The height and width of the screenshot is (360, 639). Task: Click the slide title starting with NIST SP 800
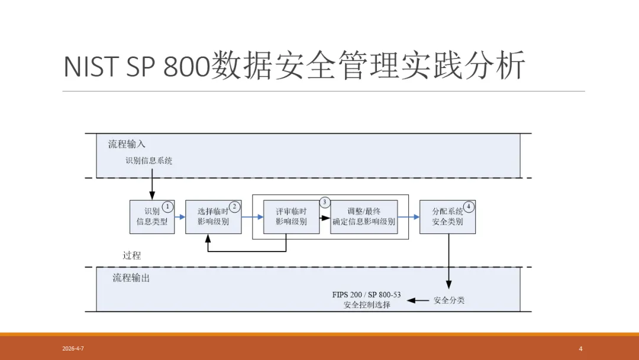tap(294, 66)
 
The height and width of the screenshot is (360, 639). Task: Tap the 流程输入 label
tap(127, 144)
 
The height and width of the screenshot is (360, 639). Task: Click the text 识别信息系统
tap(149, 160)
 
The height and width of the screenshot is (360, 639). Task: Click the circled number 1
tap(167, 207)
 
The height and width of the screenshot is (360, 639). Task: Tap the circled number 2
tap(234, 207)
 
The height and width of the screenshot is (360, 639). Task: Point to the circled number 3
tap(324, 202)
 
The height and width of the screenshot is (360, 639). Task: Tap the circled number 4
tap(469, 207)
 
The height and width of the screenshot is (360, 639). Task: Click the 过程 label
tap(132, 255)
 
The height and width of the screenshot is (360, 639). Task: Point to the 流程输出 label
tap(131, 277)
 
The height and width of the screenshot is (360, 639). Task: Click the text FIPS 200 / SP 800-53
tap(366, 295)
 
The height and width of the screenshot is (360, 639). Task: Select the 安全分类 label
tap(449, 300)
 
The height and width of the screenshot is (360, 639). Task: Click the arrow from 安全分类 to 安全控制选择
tap(418, 300)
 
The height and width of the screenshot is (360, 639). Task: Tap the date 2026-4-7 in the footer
tap(73, 349)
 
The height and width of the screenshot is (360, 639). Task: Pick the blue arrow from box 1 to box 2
tap(180, 217)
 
